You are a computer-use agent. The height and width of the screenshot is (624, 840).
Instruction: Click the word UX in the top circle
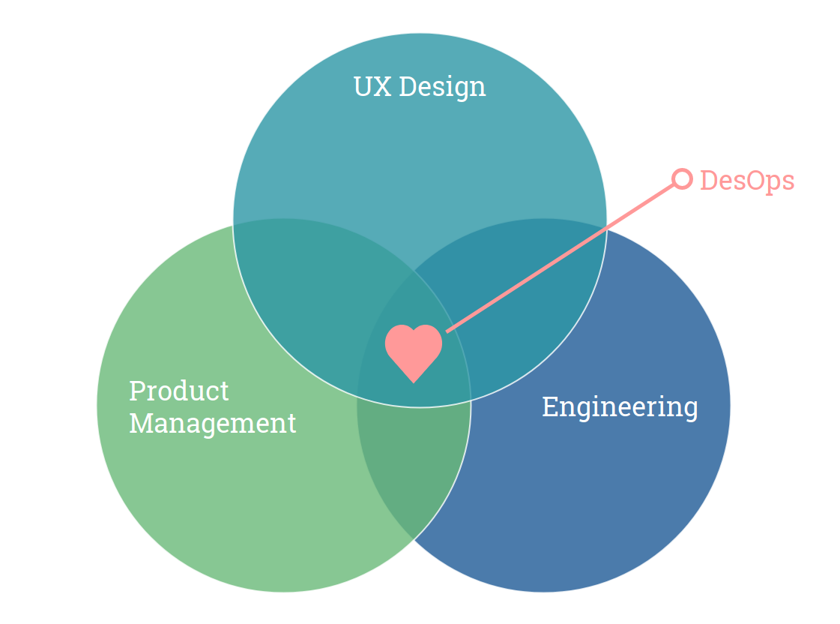372,87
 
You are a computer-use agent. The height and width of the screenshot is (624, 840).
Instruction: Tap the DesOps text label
746,181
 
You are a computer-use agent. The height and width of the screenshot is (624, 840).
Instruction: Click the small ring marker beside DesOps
682,178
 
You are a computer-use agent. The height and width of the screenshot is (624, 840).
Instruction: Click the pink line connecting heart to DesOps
562,255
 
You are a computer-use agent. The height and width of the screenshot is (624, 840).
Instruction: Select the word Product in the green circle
179,391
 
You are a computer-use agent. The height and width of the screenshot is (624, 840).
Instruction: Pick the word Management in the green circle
213,424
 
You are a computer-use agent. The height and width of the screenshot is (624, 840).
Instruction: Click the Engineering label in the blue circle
620,407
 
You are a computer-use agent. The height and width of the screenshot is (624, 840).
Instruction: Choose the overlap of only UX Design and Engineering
525,300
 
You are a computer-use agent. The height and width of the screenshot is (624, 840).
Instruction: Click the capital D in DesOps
708,181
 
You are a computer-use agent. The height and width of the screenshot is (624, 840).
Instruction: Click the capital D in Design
408,87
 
